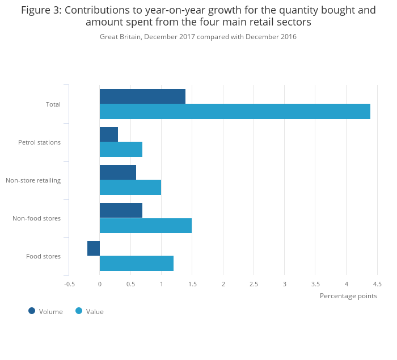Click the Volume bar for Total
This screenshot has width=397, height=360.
[x=142, y=96]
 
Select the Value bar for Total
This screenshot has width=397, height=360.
[x=235, y=112]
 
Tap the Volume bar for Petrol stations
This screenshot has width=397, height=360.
[x=109, y=134]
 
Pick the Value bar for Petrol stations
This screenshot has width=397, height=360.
[x=121, y=150]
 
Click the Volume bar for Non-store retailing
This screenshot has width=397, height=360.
[x=118, y=172]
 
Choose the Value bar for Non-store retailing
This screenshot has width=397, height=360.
[x=130, y=188]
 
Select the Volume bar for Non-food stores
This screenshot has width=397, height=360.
[x=121, y=210]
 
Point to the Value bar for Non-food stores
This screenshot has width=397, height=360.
[x=146, y=226]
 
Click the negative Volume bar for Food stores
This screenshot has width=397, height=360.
[x=94, y=248]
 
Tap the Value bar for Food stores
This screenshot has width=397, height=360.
[x=137, y=264]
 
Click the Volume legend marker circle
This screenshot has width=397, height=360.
[x=32, y=311]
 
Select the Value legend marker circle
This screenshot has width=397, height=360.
[x=79, y=311]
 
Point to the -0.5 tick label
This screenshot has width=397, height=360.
[x=69, y=284]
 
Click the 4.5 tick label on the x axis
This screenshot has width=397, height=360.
[x=377, y=284]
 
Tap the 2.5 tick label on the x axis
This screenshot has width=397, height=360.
[x=254, y=284]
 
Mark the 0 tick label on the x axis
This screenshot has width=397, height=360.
[x=100, y=284]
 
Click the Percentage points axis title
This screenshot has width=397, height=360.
[x=348, y=296]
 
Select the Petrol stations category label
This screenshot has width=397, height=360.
[x=39, y=142]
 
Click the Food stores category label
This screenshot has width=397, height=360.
[x=43, y=256]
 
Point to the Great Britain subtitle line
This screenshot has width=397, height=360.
[x=198, y=37]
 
